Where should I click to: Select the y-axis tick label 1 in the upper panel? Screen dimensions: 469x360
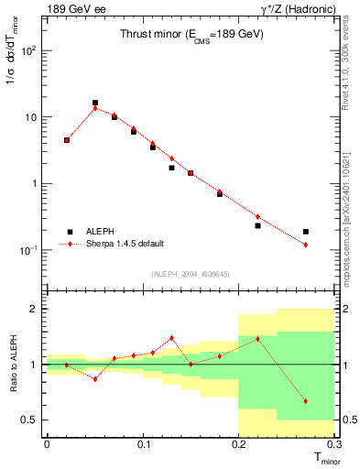tap(34, 183)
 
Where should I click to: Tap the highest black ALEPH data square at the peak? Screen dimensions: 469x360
tap(95, 103)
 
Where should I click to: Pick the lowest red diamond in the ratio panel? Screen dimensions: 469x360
tap(306, 401)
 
